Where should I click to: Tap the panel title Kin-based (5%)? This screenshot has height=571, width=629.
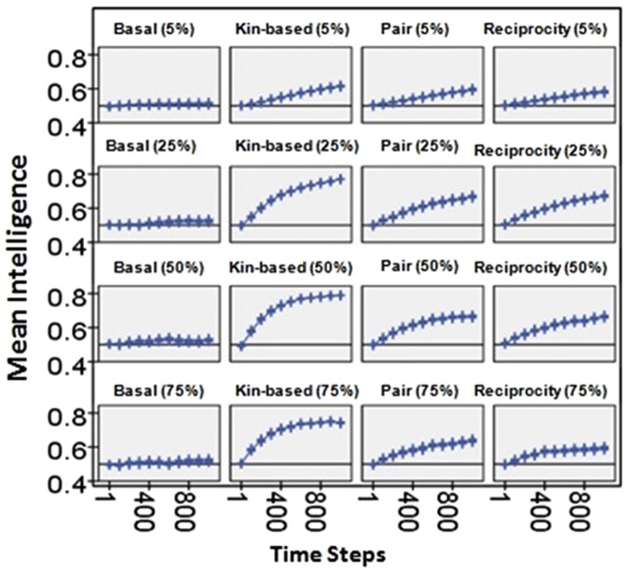[290, 29]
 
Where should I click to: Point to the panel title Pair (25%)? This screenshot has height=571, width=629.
[421, 147]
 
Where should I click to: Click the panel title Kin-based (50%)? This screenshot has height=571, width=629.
[290, 267]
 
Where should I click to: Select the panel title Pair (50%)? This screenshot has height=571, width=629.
[421, 267]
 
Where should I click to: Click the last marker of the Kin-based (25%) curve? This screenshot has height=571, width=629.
[339, 179]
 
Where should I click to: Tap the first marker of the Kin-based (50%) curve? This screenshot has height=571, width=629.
[240, 346]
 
